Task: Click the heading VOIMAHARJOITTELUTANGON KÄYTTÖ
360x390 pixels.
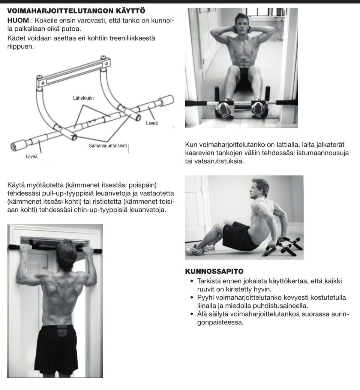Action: point(76,11)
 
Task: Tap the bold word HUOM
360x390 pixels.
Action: point(18,21)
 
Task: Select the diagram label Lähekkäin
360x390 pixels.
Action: point(83,98)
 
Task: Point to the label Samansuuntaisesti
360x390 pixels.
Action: point(108,146)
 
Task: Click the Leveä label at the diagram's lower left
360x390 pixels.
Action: point(31,156)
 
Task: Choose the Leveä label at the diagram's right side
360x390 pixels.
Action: point(152,123)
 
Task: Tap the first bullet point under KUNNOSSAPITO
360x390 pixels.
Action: point(192,281)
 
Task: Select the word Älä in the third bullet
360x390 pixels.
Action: point(202,314)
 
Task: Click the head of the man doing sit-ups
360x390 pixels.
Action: point(241,23)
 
